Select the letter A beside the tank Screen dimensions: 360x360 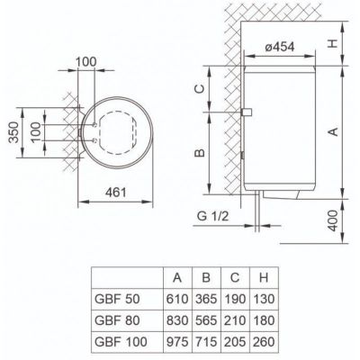pos(332,131)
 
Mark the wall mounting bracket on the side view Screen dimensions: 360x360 pos(247,111)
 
